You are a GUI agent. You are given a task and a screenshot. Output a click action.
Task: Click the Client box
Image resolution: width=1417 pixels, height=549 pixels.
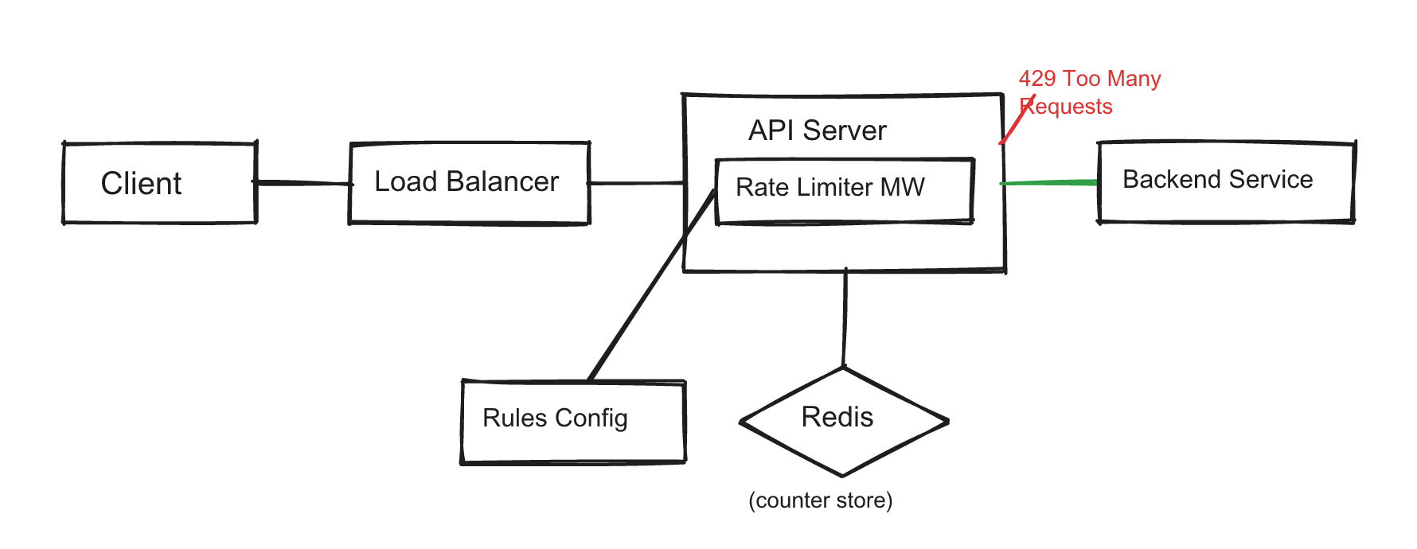pos(159,183)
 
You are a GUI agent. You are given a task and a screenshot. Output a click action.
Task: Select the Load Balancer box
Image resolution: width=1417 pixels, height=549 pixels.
pos(469,183)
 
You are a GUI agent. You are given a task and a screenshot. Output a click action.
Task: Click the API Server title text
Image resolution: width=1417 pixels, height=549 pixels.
pos(817,130)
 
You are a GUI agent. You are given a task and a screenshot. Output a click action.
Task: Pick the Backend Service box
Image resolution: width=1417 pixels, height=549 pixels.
pos(1226,181)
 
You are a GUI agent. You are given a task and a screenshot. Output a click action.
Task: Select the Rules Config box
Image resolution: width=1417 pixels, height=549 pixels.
pos(573,420)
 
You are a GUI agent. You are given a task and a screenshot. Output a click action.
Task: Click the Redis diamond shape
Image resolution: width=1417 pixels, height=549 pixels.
pos(843,421)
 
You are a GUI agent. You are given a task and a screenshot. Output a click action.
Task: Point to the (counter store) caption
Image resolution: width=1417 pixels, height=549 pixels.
pos(820,500)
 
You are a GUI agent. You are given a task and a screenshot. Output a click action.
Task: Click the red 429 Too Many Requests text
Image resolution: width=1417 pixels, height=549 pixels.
pos(1089,91)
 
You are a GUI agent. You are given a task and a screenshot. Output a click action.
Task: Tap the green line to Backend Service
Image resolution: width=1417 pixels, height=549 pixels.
pos(1049,183)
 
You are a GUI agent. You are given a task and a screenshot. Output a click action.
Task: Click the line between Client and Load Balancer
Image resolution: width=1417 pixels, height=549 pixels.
pos(303,183)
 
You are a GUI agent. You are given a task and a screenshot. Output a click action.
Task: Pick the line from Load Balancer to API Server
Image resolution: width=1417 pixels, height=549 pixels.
pos(637,183)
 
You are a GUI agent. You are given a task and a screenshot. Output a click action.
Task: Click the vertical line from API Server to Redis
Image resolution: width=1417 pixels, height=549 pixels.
pos(845,318)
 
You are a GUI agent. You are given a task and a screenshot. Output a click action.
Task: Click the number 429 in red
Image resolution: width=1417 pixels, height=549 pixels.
pos(1036,79)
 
